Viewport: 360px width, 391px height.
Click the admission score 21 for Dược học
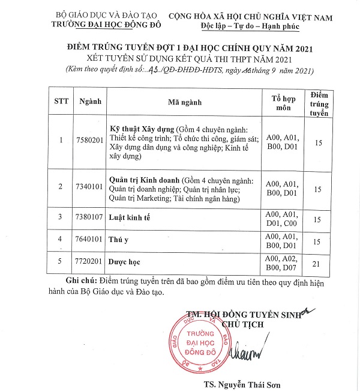pyautogui.click(x=318, y=262)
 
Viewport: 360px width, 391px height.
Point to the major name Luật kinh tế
pyautogui.click(x=130, y=217)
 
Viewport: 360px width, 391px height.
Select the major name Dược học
pyautogui.click(x=124, y=262)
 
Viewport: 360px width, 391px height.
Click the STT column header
pyautogui.click(x=61, y=102)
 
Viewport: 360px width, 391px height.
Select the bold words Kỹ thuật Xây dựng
pyautogui.click(x=140, y=129)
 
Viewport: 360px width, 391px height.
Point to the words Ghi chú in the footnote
pyautogui.click(x=80, y=282)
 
